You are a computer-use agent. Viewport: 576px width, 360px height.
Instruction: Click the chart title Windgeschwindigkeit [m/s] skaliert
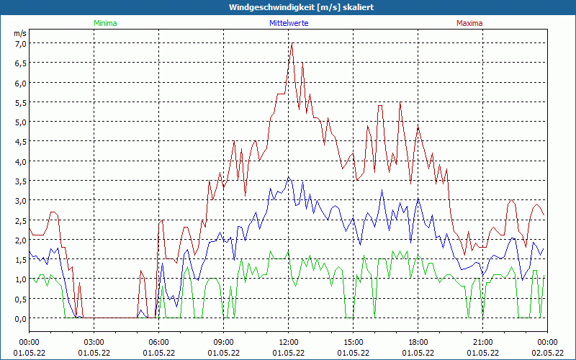pos(288,7)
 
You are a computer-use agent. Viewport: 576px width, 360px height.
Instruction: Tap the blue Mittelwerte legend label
pos(288,23)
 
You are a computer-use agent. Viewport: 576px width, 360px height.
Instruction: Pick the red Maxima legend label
pos(469,23)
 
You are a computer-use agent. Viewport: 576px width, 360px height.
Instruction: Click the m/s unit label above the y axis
pos(20,33)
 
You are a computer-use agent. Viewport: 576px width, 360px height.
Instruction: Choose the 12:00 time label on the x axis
pos(289,342)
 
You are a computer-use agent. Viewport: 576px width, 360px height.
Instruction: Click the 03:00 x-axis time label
pos(94,342)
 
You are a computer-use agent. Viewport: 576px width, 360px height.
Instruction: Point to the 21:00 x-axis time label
pos(483,342)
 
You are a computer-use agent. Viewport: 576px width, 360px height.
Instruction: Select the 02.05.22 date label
pos(547,353)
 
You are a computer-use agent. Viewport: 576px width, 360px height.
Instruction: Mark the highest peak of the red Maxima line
pos(292,44)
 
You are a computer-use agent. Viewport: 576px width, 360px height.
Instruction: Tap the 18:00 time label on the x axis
pos(418,342)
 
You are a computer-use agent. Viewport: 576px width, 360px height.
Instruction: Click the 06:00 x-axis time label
pos(159,342)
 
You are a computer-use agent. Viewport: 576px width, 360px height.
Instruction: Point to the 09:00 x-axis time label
pos(224,342)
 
